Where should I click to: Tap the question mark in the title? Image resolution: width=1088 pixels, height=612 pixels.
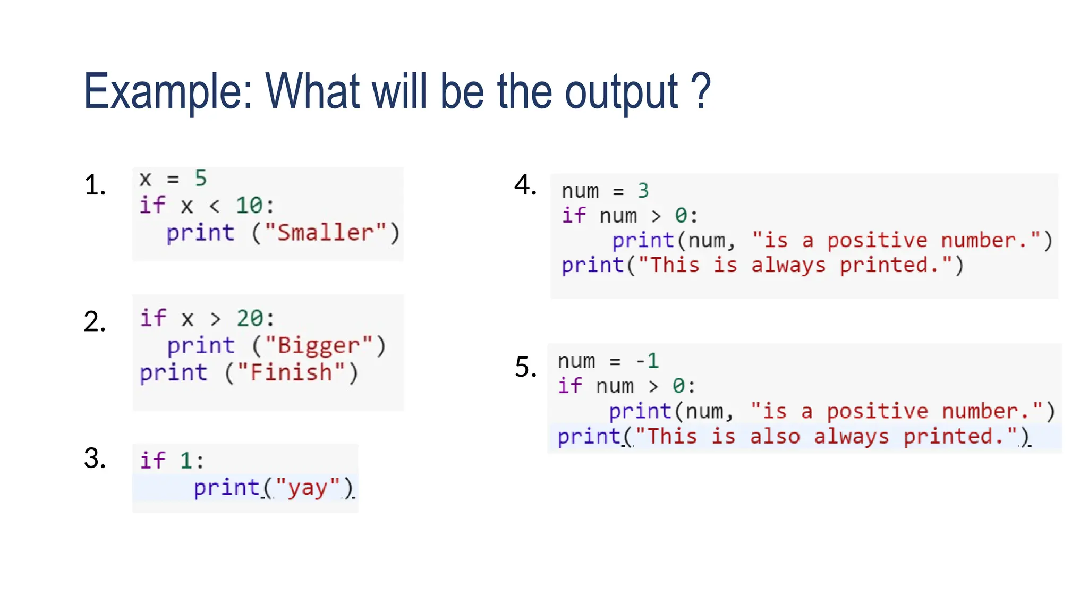point(701,91)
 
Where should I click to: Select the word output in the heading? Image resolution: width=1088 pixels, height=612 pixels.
point(620,92)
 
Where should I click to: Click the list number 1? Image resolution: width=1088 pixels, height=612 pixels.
point(94,185)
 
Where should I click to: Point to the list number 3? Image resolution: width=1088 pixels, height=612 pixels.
point(94,458)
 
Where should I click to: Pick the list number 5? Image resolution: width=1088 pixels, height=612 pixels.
point(525,367)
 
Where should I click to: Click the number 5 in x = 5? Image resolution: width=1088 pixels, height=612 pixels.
point(200,178)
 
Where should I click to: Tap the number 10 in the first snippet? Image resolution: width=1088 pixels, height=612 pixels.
point(249,206)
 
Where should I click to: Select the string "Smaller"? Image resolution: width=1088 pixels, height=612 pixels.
point(326,233)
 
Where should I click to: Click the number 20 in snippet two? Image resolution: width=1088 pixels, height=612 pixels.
point(250,318)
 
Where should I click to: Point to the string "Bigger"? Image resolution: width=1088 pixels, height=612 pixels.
point(319,346)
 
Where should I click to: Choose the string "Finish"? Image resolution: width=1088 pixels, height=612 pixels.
point(291,372)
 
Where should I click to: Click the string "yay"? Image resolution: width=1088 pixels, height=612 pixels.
point(308,488)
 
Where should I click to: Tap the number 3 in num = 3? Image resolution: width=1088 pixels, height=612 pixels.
point(643,190)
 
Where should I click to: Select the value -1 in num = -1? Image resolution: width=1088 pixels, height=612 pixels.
point(647,361)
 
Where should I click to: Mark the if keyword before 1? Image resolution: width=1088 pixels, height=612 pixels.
point(152,460)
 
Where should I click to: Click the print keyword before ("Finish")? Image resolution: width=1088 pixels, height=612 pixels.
point(173,372)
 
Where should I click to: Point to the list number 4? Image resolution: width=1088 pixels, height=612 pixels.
point(525,185)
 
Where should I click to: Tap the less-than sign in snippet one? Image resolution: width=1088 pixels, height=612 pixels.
point(214,206)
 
